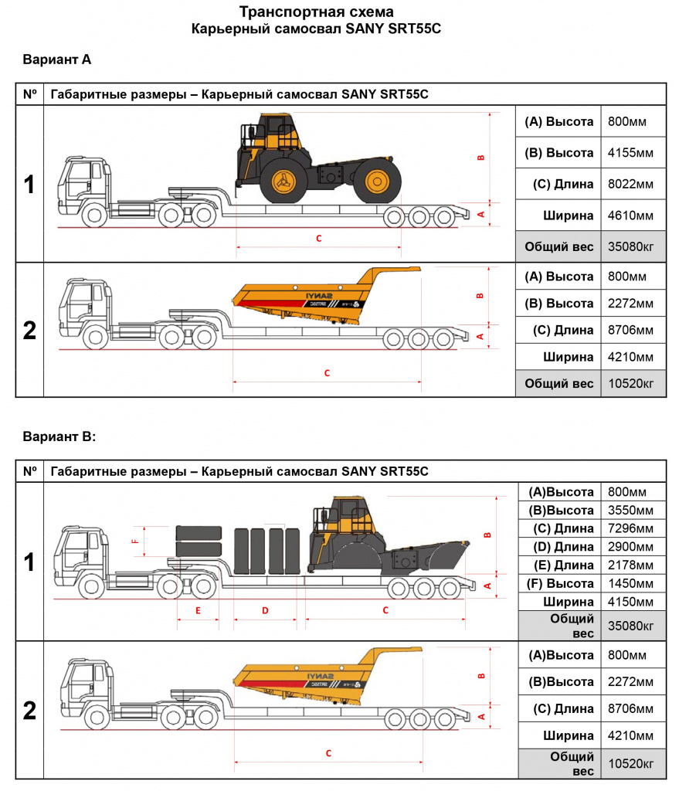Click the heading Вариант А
(x=57, y=59)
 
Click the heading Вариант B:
(x=59, y=436)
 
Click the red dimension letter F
(x=134, y=541)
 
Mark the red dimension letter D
(x=265, y=611)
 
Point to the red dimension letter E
(x=199, y=611)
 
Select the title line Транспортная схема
(x=317, y=12)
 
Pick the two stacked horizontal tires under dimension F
(x=199, y=541)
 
